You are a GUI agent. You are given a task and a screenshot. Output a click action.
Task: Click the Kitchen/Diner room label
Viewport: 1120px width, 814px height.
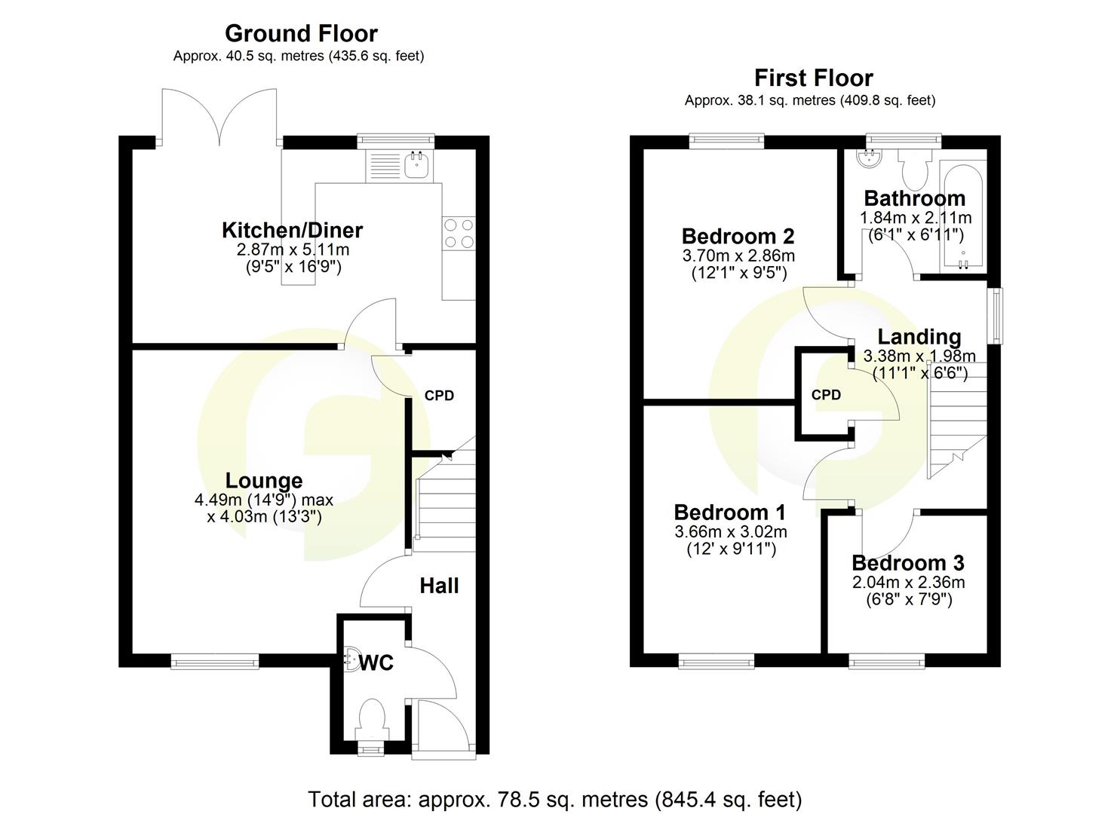click(292, 230)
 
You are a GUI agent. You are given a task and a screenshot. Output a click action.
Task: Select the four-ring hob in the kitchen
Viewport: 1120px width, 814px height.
click(459, 232)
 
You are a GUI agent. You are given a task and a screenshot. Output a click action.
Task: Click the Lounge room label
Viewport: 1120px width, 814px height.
click(264, 480)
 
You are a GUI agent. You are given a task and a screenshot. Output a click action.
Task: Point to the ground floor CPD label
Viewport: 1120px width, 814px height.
click(439, 396)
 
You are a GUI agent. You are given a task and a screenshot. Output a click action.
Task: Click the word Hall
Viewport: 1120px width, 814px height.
click(439, 586)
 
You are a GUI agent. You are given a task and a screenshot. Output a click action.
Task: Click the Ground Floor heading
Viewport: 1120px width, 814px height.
click(301, 33)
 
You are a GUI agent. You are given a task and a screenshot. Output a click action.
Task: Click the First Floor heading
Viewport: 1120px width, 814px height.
click(813, 78)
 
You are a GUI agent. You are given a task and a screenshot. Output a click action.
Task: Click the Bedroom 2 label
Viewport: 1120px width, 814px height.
click(738, 236)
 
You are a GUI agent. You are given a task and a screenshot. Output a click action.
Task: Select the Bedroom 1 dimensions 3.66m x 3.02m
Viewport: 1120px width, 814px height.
click(731, 532)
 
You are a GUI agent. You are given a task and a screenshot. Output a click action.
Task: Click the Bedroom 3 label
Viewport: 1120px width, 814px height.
click(908, 563)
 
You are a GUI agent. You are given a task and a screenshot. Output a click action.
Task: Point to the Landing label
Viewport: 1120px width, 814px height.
click(919, 337)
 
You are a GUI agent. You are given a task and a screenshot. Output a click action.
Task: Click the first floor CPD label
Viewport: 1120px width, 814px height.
click(826, 395)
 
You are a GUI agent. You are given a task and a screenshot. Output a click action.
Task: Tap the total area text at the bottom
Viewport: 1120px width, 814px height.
click(554, 799)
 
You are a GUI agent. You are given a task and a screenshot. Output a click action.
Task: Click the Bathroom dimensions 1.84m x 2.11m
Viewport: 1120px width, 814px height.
click(916, 218)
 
